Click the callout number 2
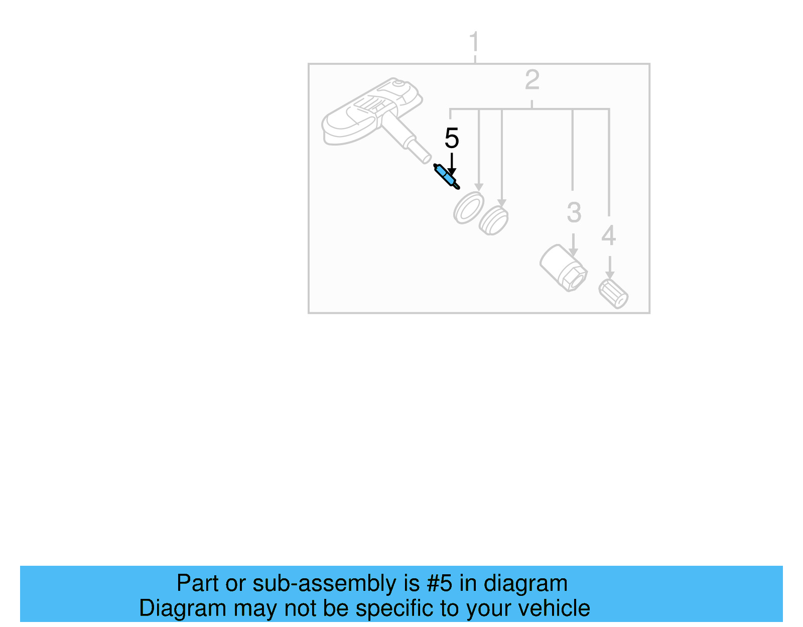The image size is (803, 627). pyautogui.click(x=532, y=80)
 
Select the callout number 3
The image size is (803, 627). pyautogui.click(x=574, y=212)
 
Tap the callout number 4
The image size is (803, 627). pyautogui.click(x=608, y=235)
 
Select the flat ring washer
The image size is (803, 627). pyautogui.click(x=468, y=207)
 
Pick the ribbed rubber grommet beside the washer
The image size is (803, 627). pyautogui.click(x=493, y=219)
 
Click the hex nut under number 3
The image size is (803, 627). pyautogui.click(x=564, y=268)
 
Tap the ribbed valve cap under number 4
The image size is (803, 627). pyautogui.click(x=613, y=294)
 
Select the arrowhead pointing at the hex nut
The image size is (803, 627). pyautogui.click(x=573, y=253)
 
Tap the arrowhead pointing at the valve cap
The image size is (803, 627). pyautogui.click(x=609, y=275)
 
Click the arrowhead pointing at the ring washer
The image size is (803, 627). pyautogui.click(x=479, y=187)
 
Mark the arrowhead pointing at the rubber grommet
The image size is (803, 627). pyautogui.click(x=501, y=203)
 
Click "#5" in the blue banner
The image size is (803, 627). pyautogui.click(x=439, y=583)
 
